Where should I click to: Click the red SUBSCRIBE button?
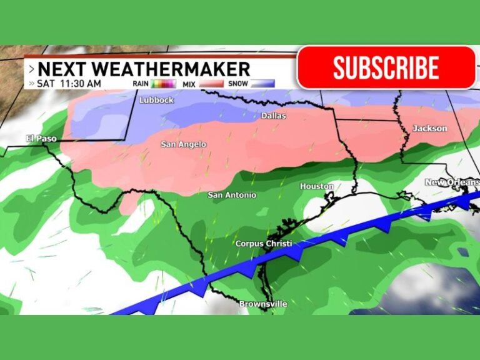[x=386, y=67]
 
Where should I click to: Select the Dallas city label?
[x=273, y=116]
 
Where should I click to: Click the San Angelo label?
[x=184, y=144]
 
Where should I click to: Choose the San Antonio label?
[x=232, y=195]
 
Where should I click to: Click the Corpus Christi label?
[x=263, y=243]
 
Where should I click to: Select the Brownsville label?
[x=263, y=304]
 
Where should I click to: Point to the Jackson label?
[x=430, y=128]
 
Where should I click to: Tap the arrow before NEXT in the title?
[x=31, y=69]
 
